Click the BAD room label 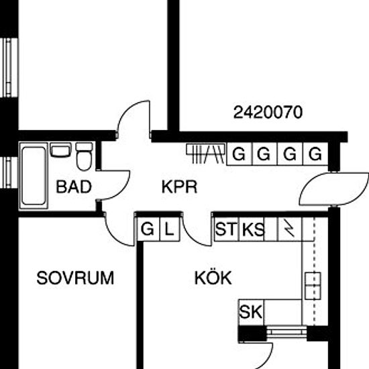click(x=74, y=187)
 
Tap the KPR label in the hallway click(x=179, y=187)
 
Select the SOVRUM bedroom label click(x=75, y=278)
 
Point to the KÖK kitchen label click(x=213, y=278)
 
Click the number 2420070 click(x=268, y=112)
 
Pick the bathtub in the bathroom click(x=34, y=176)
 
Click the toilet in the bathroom click(x=84, y=156)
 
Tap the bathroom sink click(x=60, y=150)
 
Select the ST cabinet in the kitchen click(x=227, y=229)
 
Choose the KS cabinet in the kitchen click(x=252, y=229)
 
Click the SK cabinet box click(x=251, y=312)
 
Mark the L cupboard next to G click(x=170, y=229)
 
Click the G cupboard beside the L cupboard click(x=148, y=229)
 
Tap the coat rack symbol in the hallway click(x=205, y=153)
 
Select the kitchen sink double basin click(x=313, y=286)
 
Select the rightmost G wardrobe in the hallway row click(x=315, y=154)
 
